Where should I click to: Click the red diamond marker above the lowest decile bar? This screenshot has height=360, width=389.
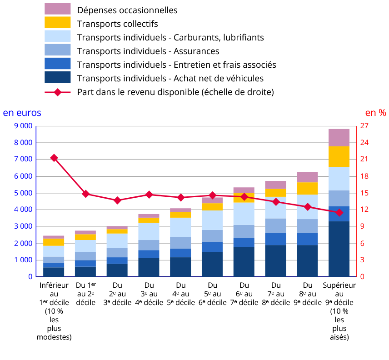(54, 158)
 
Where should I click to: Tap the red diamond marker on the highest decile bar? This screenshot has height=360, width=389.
(339, 212)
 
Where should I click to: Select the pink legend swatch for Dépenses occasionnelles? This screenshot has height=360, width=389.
(58, 9)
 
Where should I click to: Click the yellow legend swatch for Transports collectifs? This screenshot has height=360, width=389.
(58, 23)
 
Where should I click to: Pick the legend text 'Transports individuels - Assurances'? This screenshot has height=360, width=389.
(148, 51)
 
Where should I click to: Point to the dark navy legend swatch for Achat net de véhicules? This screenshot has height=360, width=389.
(58, 78)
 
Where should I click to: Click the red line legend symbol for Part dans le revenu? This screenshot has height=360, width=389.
(58, 92)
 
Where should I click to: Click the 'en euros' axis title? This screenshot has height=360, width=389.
(22, 112)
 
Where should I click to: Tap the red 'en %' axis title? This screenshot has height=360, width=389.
(375, 112)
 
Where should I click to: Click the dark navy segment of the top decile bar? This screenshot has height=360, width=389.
(339, 249)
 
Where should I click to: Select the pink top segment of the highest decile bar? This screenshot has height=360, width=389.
(339, 137)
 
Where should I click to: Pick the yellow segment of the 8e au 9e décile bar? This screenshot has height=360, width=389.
(307, 188)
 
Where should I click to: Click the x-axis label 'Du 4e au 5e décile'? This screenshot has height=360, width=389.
(180, 294)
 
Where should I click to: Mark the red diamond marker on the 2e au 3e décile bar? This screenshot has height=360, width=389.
(117, 200)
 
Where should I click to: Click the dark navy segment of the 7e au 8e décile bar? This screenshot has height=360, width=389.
(275, 261)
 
